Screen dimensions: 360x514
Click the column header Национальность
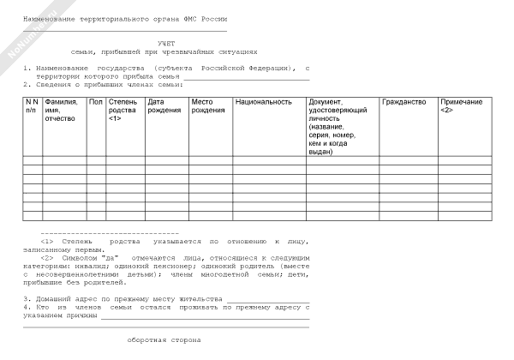[264, 102]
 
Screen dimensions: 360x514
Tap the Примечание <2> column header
[462, 106]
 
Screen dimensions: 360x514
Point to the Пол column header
[95, 102]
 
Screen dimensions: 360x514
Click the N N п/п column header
[32, 106]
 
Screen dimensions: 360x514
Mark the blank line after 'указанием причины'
[205, 316]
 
